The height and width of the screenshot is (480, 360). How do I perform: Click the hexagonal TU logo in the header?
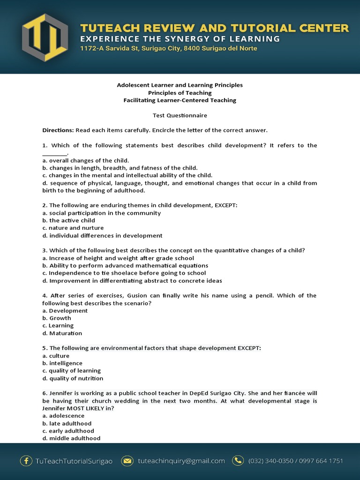pos(45,37)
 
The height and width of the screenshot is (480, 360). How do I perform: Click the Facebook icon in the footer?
pos(26,461)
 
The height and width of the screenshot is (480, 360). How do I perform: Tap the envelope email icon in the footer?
pos(127,461)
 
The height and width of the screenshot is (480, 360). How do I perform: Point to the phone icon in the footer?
pos(238,461)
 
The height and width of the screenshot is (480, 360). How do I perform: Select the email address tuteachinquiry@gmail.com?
pos(181,461)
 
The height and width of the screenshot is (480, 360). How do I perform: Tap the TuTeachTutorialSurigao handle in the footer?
pos(74,461)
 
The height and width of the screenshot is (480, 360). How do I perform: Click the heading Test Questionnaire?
pos(180,115)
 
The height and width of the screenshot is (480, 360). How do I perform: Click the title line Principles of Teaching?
pos(180,93)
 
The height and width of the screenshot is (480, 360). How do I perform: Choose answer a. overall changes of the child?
pos(85,160)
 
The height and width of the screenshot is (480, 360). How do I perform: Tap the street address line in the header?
pos(168,48)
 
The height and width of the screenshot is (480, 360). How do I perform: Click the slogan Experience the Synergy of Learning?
pos(180,38)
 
